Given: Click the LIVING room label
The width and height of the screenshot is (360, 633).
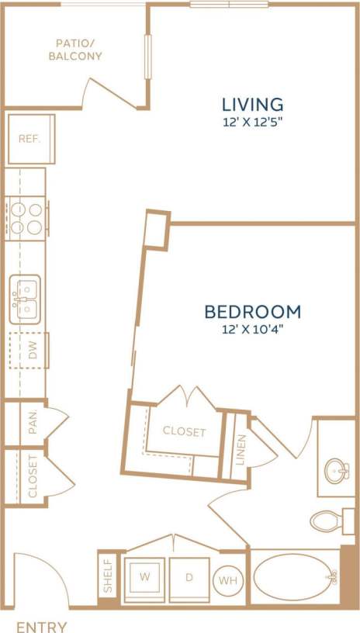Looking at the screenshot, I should pyautogui.click(x=252, y=103).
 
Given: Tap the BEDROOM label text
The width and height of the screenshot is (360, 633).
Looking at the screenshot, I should pyautogui.click(x=252, y=312).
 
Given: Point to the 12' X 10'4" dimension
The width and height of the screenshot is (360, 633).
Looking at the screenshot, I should pyautogui.click(x=252, y=330).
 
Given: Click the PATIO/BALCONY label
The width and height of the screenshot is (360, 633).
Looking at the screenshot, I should pyautogui.click(x=74, y=50).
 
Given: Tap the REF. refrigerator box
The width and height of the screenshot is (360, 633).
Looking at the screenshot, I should pyautogui.click(x=30, y=139).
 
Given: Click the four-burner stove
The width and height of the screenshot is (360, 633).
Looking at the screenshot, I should pyautogui.click(x=26, y=216).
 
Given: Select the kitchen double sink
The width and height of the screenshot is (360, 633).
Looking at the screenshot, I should pyautogui.click(x=26, y=299).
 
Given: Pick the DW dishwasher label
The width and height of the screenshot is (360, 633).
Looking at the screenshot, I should pyautogui.click(x=33, y=351).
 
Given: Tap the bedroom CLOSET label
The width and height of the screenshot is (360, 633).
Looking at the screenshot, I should pyautogui.click(x=184, y=432).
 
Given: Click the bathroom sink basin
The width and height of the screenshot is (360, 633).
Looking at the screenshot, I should pyautogui.click(x=337, y=469).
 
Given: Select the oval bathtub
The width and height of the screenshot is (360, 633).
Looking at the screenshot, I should pyautogui.click(x=296, y=576).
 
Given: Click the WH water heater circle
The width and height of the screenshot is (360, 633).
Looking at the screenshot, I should pyautogui.click(x=227, y=579).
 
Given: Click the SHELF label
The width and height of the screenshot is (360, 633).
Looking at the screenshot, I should pyautogui.click(x=107, y=576).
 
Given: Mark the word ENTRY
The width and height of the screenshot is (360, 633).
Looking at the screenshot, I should pyautogui.click(x=41, y=627).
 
